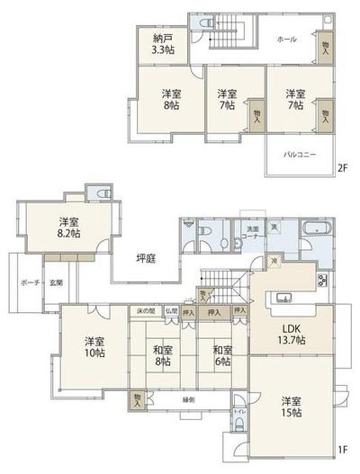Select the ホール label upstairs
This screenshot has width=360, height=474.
286,40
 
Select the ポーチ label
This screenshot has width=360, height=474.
27,282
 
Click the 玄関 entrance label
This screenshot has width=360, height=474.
56,282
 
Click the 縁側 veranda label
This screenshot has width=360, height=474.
188,398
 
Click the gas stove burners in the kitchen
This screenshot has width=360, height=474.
321,281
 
